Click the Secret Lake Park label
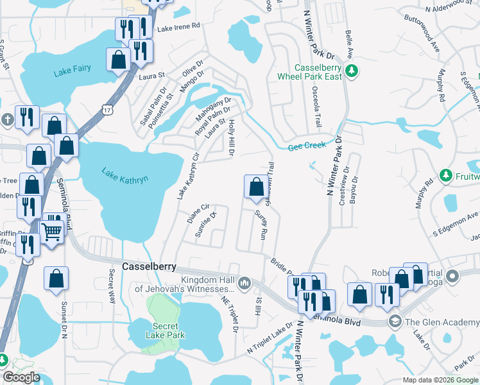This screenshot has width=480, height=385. click(x=166, y=331)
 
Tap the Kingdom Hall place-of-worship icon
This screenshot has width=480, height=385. click(x=244, y=283)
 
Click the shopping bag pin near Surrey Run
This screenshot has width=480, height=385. click(x=256, y=187)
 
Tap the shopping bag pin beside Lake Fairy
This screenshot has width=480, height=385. click(x=119, y=60)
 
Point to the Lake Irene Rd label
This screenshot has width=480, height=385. click(x=179, y=28)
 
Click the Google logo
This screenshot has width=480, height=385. click(x=22, y=377)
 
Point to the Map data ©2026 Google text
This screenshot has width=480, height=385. click(x=440, y=380)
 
